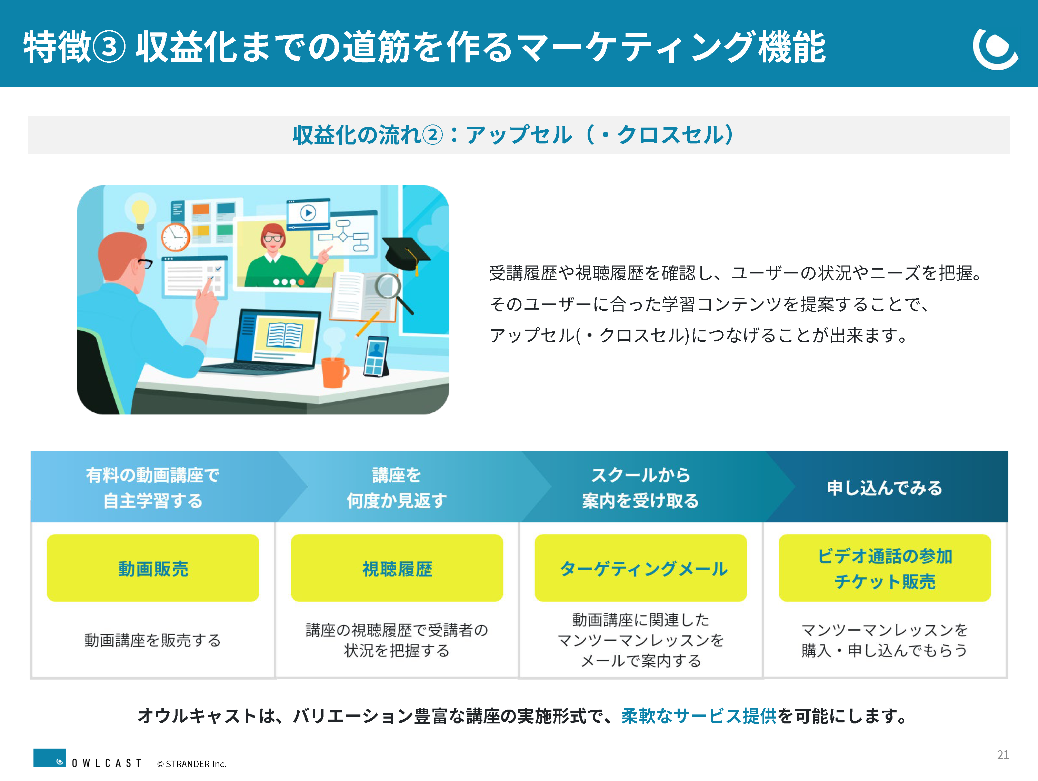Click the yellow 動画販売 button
point(153,568)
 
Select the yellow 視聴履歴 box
point(397,568)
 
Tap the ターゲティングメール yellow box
point(641,568)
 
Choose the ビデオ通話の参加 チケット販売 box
point(885,568)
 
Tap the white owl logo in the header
point(995,48)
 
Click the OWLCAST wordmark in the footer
point(107,763)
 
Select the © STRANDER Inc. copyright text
point(192,764)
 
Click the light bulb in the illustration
point(140,214)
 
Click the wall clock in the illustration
point(176,237)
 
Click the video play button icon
point(308,213)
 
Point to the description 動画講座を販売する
point(153,640)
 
